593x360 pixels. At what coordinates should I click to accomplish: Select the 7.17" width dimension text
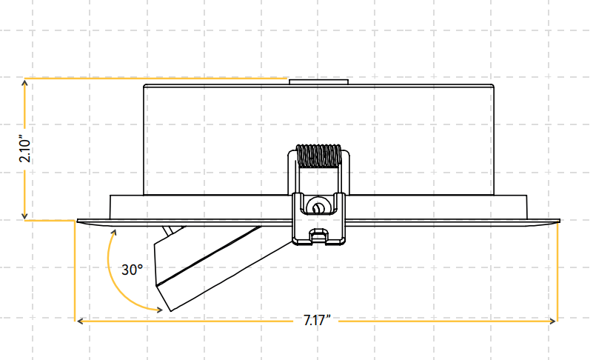point(317,320)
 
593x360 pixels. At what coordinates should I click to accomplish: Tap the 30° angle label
point(133,270)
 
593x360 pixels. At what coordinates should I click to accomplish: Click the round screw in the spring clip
point(319,207)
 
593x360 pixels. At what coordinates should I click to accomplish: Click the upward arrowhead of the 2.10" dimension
point(24,82)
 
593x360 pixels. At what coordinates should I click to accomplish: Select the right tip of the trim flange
point(559,220)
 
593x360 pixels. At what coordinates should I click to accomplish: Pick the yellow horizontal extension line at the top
point(155,78)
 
